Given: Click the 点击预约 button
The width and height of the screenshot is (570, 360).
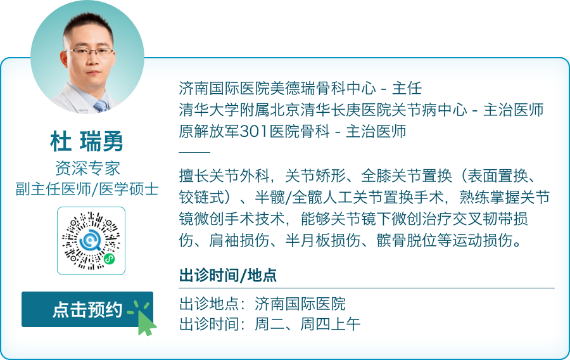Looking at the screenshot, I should coord(87,309).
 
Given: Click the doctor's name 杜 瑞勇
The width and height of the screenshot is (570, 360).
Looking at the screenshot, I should coord(87,141).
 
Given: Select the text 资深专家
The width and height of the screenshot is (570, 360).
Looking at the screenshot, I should coord(87,168).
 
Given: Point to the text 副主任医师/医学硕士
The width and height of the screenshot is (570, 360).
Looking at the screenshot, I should coord(87,188).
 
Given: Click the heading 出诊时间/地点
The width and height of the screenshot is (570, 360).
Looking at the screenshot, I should coord(228,276).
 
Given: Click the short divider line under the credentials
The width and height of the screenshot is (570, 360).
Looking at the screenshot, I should coord(194,153).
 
